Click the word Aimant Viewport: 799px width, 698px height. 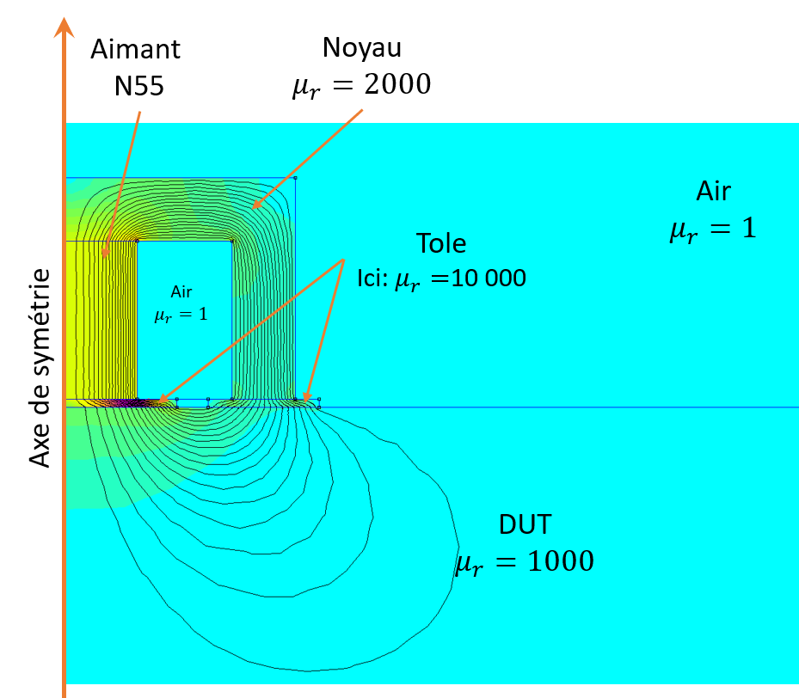pyautogui.click(x=136, y=49)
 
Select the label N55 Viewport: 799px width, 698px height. pyautogui.click(x=136, y=85)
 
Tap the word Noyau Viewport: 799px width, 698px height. pyautogui.click(x=362, y=46)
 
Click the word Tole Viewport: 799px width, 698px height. pyautogui.click(x=441, y=243)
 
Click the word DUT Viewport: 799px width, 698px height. pyautogui.click(x=525, y=523)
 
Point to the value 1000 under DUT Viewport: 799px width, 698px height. pyautogui.click(x=555, y=562)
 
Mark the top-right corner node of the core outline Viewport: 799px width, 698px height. pyautogui.click(x=295, y=178)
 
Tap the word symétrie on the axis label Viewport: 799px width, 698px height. pyautogui.click(x=40, y=319)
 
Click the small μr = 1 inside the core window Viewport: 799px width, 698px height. pyautogui.click(x=181, y=315)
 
